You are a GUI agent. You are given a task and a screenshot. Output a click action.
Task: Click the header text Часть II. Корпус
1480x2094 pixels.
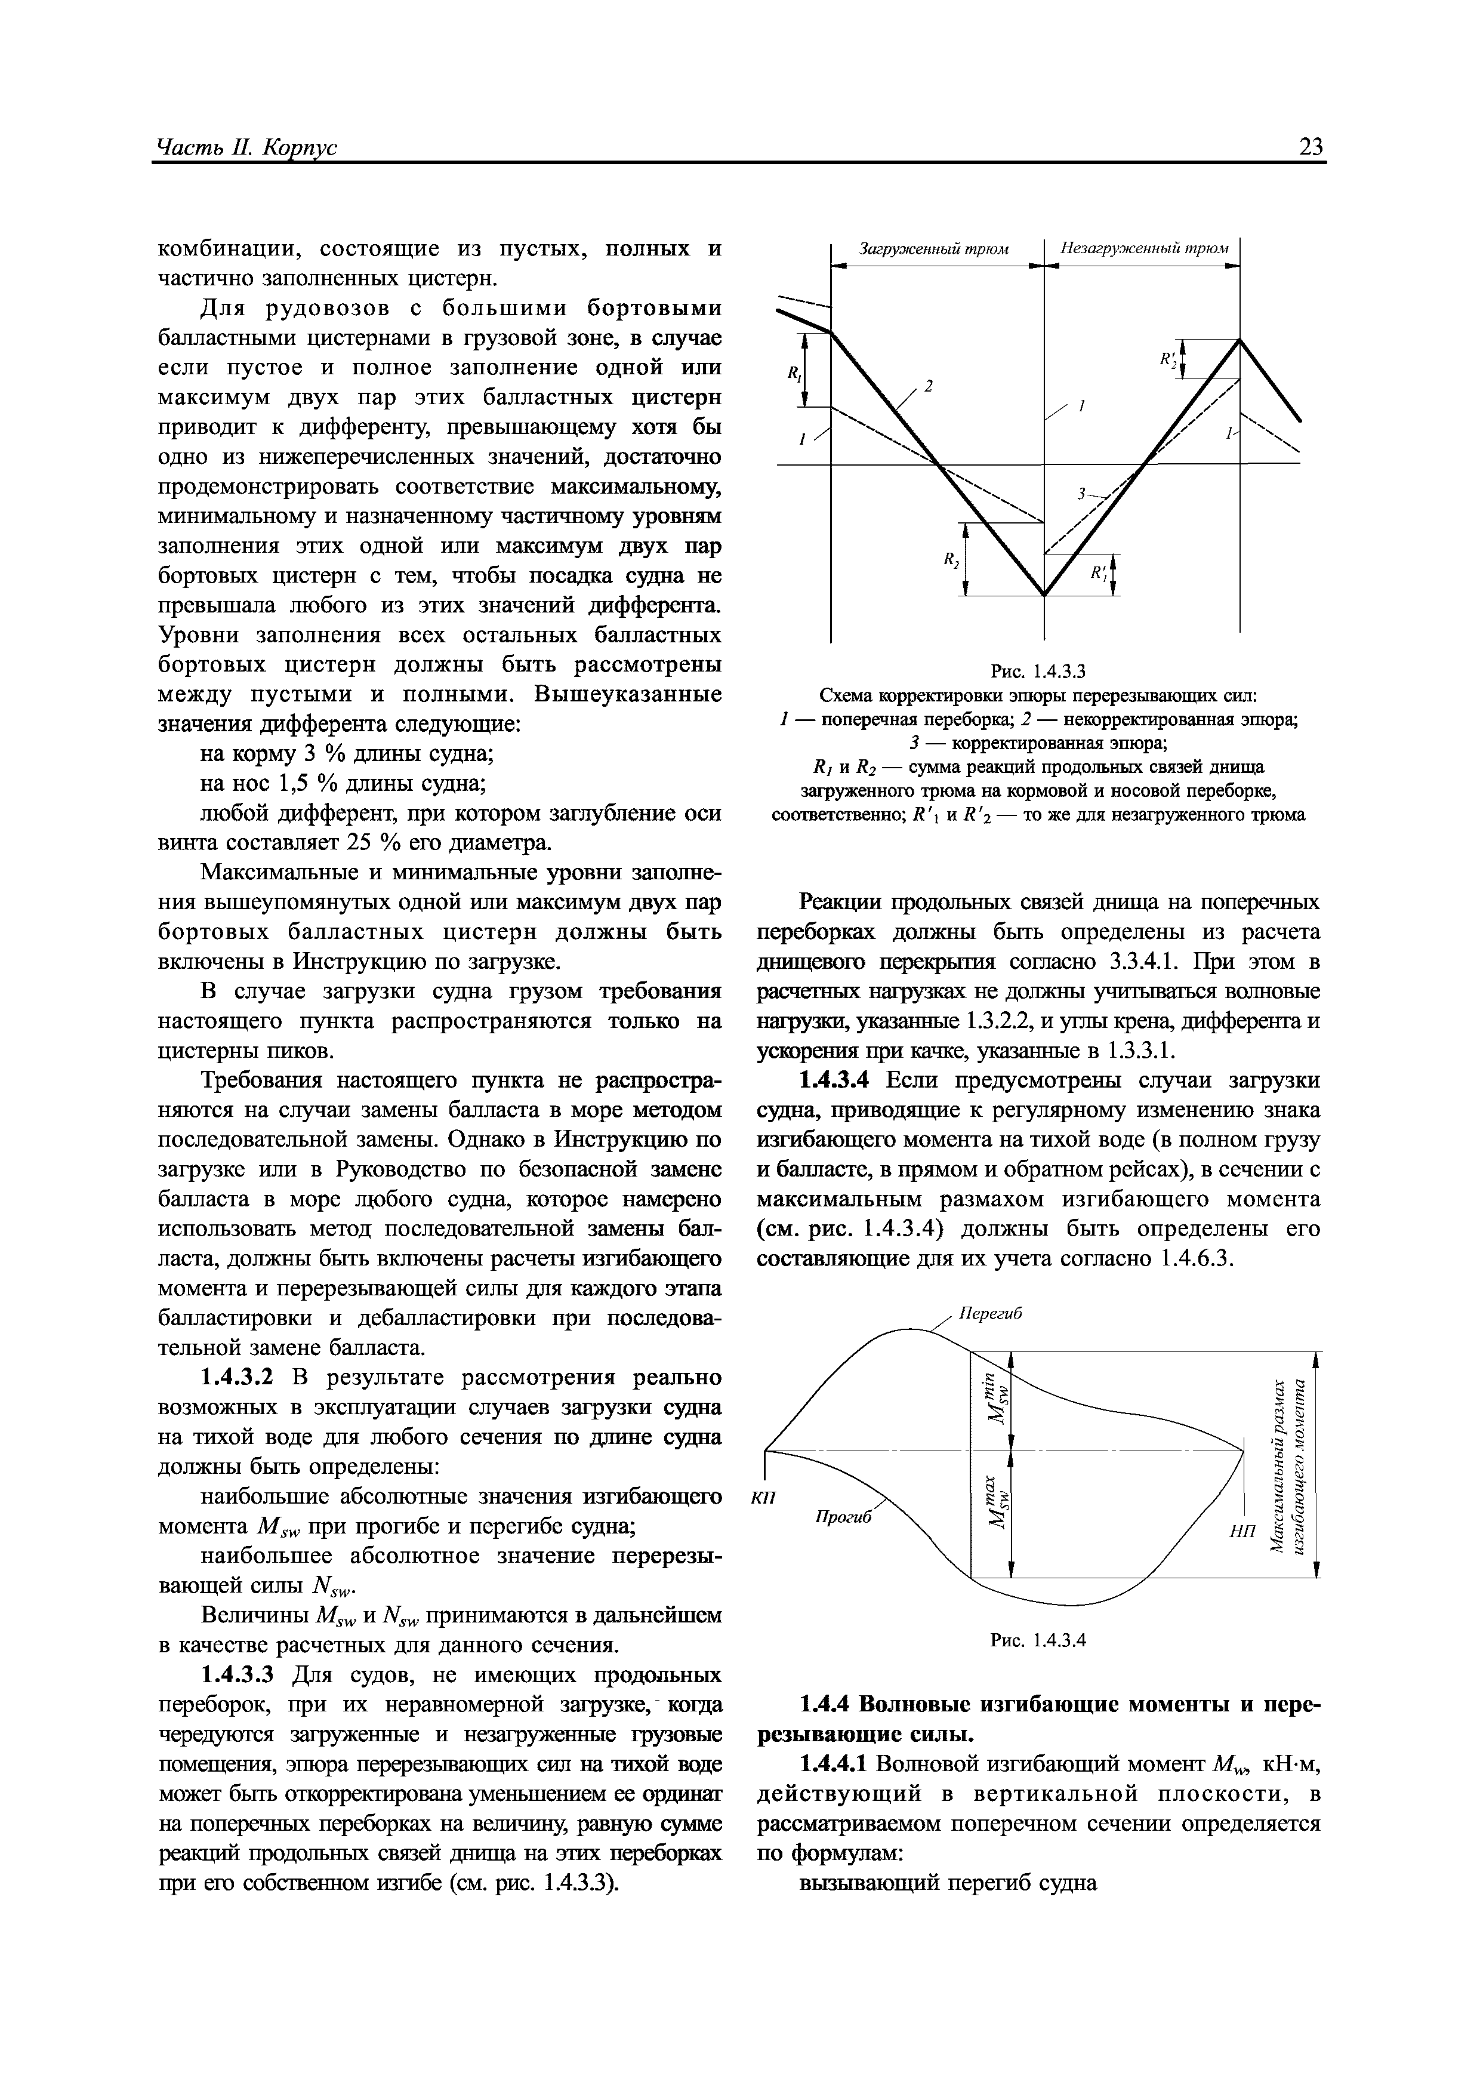[x=247, y=148]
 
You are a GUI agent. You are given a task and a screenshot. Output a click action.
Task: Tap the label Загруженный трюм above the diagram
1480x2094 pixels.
[x=935, y=249]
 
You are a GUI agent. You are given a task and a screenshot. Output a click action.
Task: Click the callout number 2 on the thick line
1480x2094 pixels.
[x=929, y=386]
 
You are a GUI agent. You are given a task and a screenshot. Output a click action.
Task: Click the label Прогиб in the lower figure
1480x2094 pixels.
[x=843, y=1516]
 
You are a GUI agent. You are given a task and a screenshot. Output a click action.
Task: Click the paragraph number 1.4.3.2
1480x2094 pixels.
[x=240, y=1377]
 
